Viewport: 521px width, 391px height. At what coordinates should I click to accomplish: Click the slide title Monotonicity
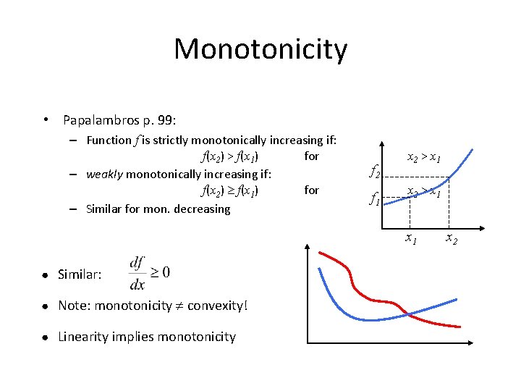click(260, 49)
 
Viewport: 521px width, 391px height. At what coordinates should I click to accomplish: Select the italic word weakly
click(104, 174)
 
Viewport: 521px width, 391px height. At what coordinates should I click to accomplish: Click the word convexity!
click(217, 306)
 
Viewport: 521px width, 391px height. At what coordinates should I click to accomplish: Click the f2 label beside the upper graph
click(375, 172)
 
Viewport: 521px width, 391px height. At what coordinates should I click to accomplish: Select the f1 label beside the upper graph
click(375, 198)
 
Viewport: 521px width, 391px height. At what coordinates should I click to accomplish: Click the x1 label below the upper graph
click(410, 237)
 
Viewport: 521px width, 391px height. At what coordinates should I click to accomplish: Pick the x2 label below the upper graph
click(451, 237)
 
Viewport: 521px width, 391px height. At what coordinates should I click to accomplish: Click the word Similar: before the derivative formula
click(80, 274)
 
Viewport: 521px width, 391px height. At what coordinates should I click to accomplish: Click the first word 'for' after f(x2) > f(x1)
click(311, 156)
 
